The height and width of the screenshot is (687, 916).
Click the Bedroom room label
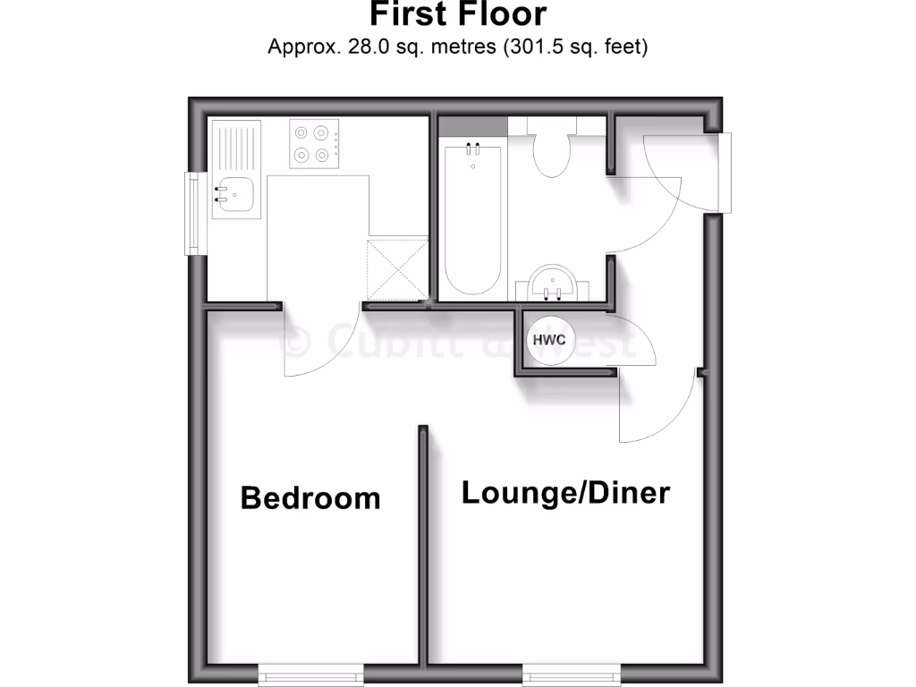click(310, 497)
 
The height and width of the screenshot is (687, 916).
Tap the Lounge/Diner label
click(565, 492)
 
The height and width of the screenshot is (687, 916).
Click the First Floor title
click(457, 14)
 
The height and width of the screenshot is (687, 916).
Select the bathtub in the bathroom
click(472, 219)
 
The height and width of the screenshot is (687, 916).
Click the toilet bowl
click(552, 154)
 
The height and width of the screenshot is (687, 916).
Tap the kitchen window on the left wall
click(191, 212)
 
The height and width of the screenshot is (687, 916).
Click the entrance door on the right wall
click(725, 173)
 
